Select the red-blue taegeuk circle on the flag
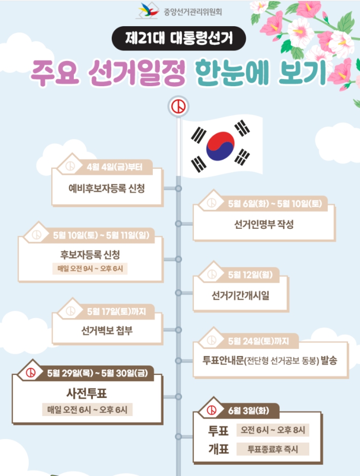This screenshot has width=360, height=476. coord(220,144)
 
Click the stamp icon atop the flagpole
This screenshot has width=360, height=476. coord(178,107)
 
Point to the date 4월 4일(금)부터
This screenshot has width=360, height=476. coord(114,167)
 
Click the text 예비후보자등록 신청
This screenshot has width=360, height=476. coord(107,188)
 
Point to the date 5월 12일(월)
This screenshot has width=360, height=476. coord(250,274)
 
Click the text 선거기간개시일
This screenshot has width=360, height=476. coord(240,295)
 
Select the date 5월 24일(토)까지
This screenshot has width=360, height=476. coord(259,341)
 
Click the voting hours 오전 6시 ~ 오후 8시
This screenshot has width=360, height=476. coord(273,430)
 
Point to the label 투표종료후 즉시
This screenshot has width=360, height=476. coord(273,449)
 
